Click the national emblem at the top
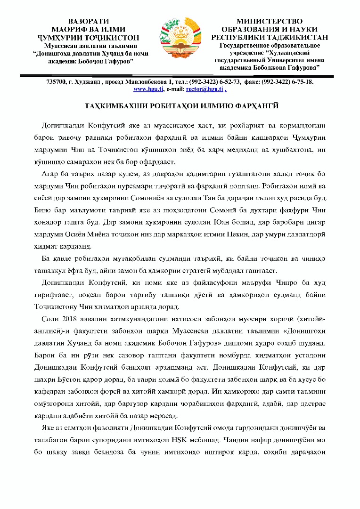coord(180,39)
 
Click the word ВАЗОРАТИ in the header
coord(89,21)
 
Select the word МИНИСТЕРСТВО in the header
coord(270,21)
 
